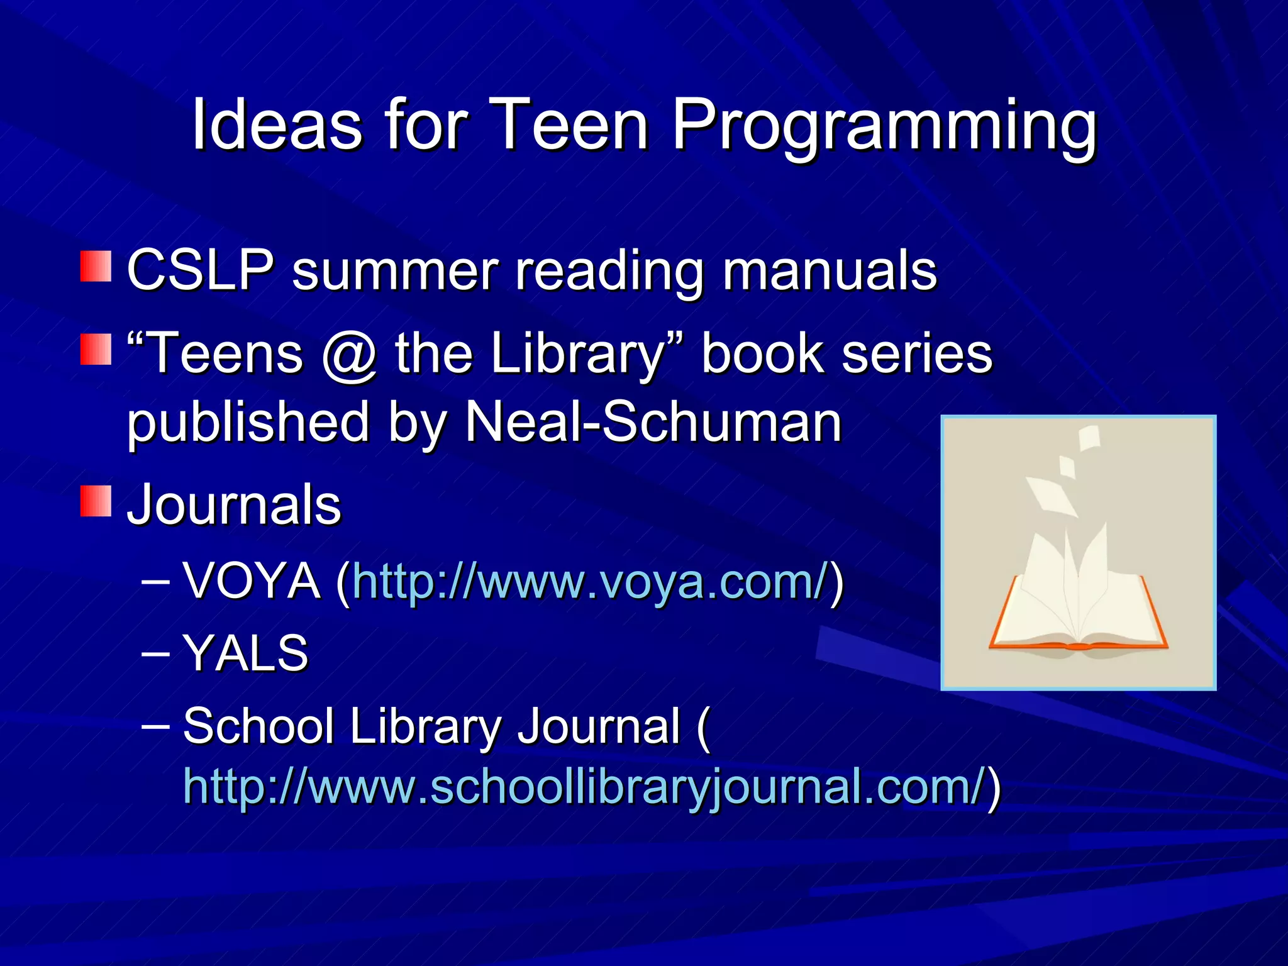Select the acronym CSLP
coord(201,270)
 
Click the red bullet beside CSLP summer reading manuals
coord(96,266)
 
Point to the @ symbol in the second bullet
coord(350,354)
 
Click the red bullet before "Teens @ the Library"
coord(96,349)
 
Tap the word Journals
coord(234,504)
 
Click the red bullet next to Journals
coord(96,501)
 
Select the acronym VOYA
coord(252,582)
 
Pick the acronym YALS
coord(245,654)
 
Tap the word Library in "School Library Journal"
coord(425,727)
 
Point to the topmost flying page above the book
coord(1090,438)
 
